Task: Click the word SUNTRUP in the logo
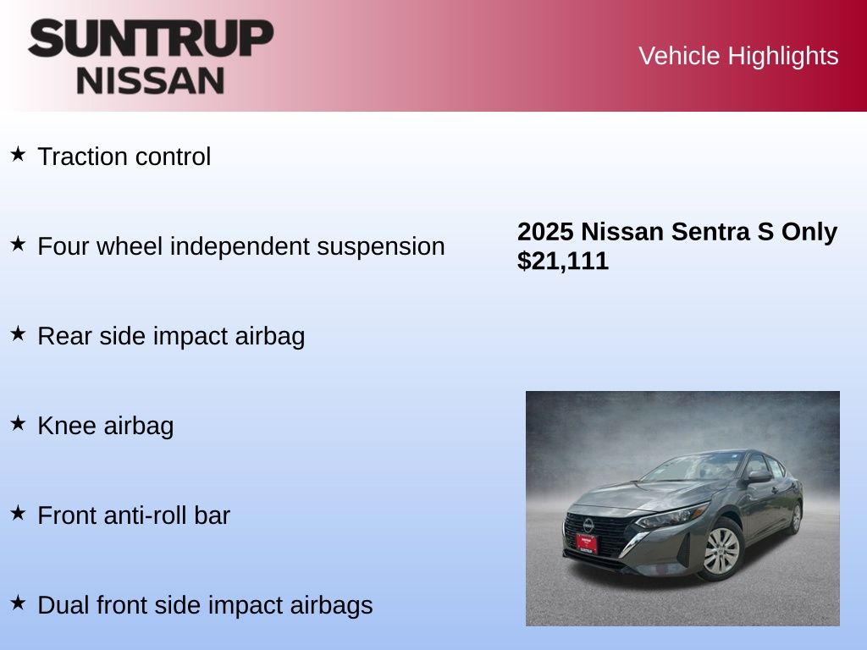point(151,38)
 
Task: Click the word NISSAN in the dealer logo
point(151,80)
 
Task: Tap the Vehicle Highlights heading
point(738,56)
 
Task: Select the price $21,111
point(563,261)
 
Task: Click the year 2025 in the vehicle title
point(545,232)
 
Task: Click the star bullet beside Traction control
point(18,154)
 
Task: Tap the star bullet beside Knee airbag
point(18,423)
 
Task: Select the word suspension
point(380,247)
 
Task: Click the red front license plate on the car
point(586,543)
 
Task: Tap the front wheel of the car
point(721,550)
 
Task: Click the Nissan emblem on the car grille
point(588,525)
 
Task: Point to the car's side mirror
point(758,476)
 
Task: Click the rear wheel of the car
point(796,517)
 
